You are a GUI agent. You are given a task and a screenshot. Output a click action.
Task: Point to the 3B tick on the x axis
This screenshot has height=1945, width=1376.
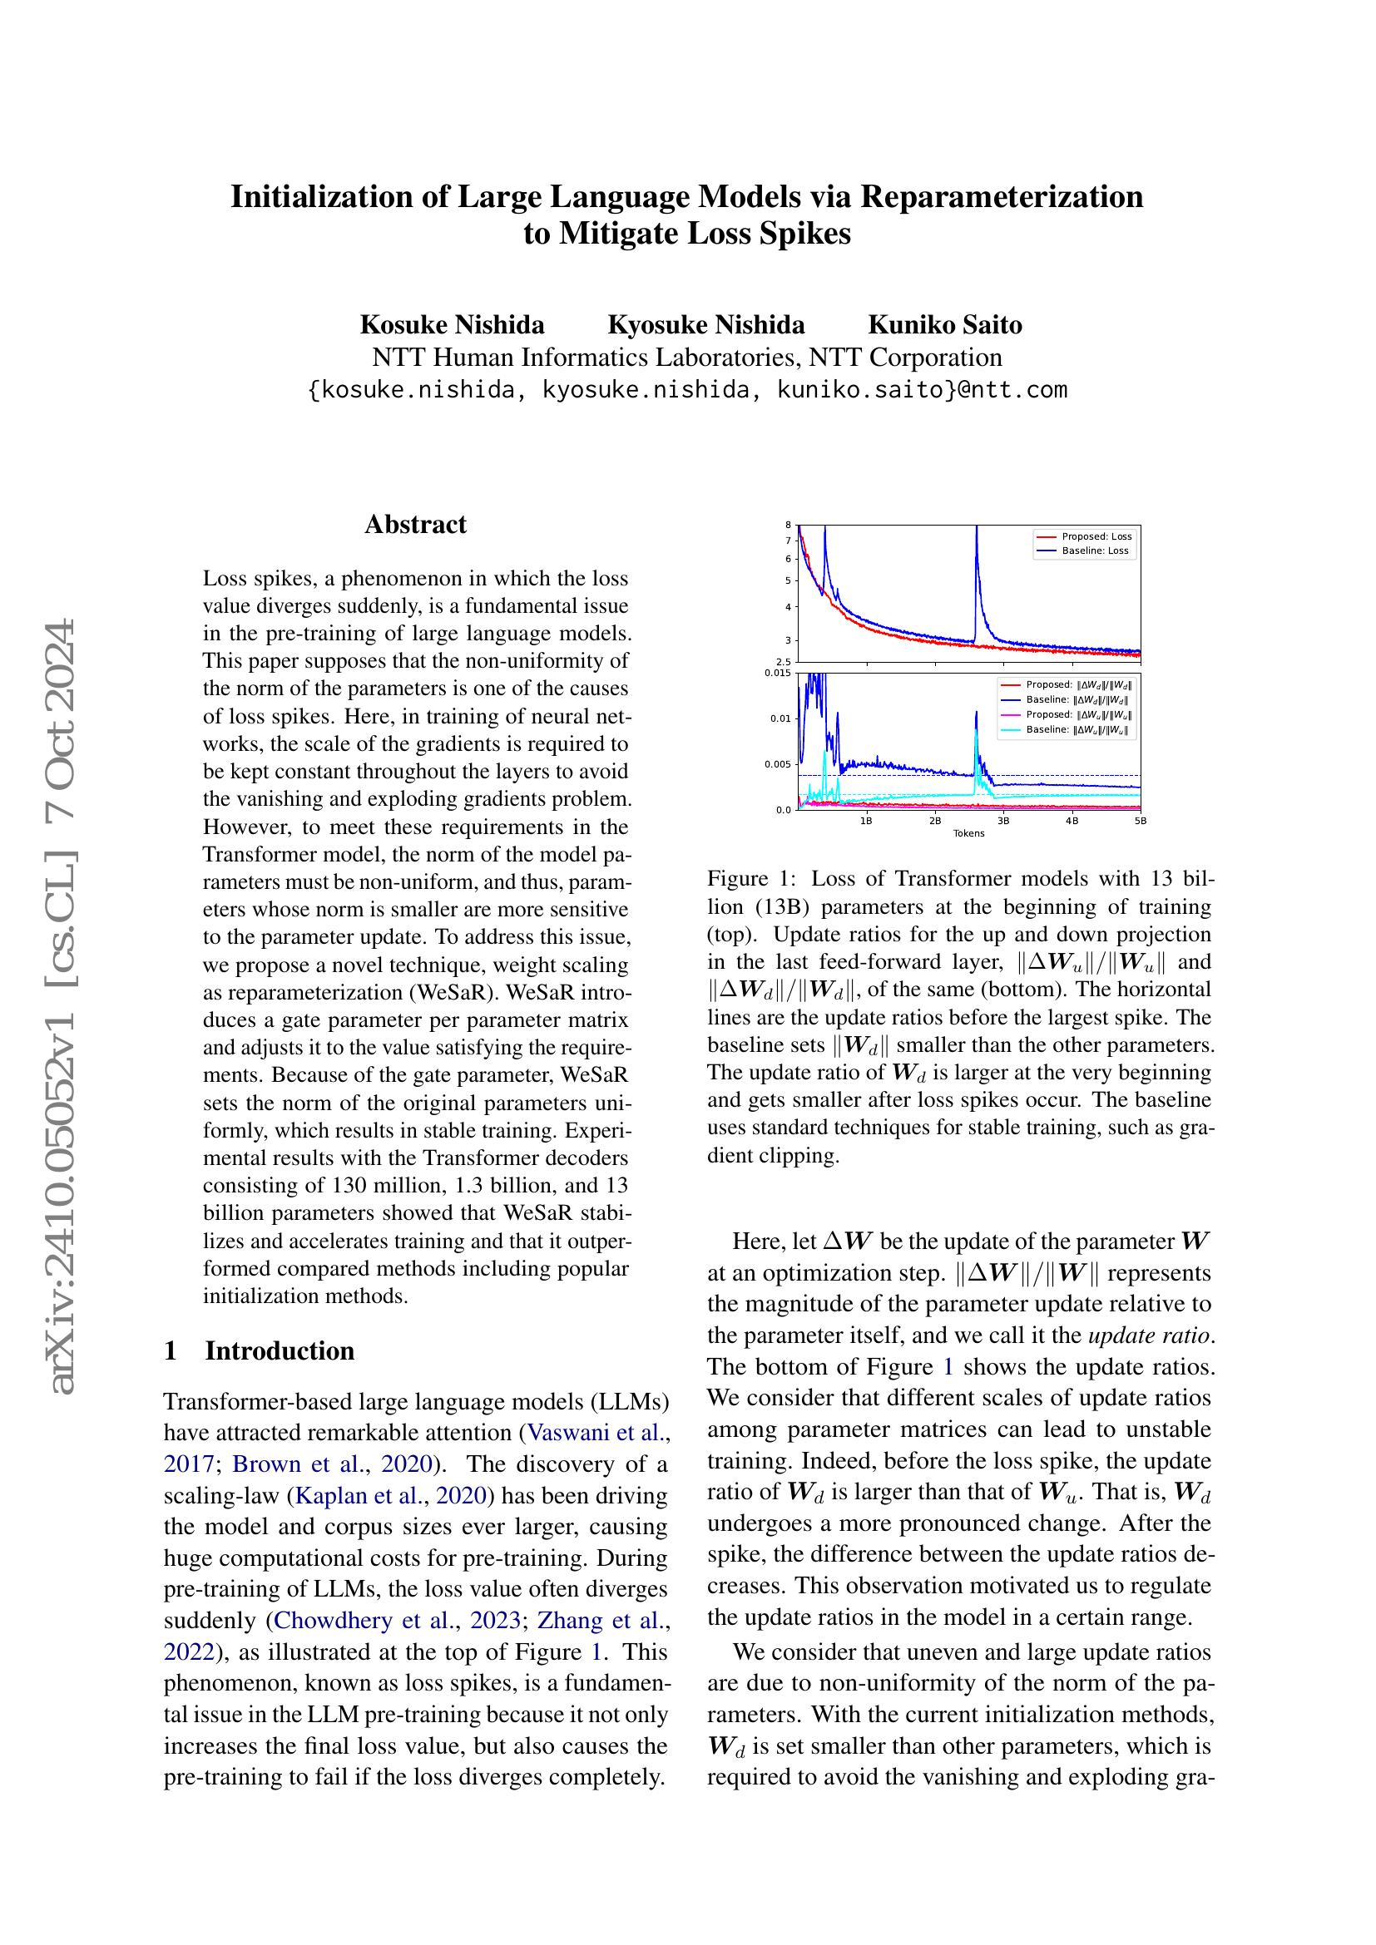coord(1003,821)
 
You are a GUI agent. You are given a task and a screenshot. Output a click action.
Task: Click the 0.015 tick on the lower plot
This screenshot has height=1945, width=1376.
coord(779,673)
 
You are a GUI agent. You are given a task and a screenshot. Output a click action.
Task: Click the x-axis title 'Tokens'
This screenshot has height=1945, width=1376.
coord(968,833)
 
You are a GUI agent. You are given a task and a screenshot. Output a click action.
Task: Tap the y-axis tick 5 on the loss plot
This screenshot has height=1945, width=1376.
coord(788,580)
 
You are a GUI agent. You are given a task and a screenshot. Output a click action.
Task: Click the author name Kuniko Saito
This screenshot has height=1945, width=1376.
coord(945,325)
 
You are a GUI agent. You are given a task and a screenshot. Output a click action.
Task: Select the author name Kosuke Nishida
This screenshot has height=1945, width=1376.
coord(453,325)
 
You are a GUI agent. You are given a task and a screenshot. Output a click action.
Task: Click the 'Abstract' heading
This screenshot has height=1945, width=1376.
coord(415,525)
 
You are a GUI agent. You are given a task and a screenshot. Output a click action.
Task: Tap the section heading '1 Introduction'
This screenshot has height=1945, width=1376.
coord(260,1351)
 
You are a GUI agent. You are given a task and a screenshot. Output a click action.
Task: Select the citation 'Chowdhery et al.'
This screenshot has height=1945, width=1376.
coord(367,1621)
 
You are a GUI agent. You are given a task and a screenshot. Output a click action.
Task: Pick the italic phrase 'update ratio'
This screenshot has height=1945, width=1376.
coord(1149,1336)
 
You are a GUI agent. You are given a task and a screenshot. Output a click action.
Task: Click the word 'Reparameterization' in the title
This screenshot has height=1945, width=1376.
coord(1002,196)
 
